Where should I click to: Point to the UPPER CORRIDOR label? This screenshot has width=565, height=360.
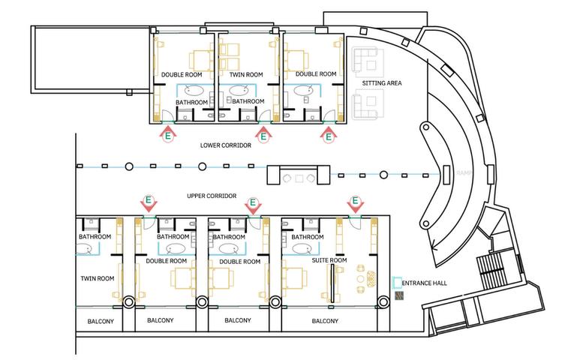tap(212, 196)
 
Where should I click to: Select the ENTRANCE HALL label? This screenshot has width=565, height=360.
tap(425, 283)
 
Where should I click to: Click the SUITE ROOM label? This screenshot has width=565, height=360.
tap(329, 260)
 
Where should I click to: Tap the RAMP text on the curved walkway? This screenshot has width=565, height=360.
tap(462, 174)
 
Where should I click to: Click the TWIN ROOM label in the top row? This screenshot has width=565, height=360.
tap(245, 74)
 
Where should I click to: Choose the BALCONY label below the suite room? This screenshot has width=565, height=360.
tap(325, 320)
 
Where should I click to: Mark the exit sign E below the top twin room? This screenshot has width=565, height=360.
tap(263, 134)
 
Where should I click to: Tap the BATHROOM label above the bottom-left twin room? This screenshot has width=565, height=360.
tap(95, 237)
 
